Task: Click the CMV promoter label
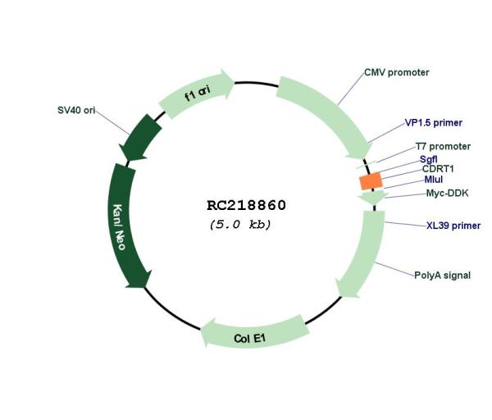396,72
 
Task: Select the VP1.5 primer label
433,123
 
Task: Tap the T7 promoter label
443,146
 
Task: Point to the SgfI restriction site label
428,159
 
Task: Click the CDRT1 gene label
438,169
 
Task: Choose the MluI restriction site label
434,180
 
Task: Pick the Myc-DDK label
447,193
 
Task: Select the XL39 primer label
453,226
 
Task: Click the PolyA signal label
443,276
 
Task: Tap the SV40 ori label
76,110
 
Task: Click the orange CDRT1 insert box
371,181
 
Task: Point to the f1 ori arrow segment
197,93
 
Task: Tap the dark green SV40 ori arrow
140,138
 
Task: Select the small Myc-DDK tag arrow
372,198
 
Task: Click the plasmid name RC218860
246,205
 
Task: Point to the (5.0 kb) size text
240,225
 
